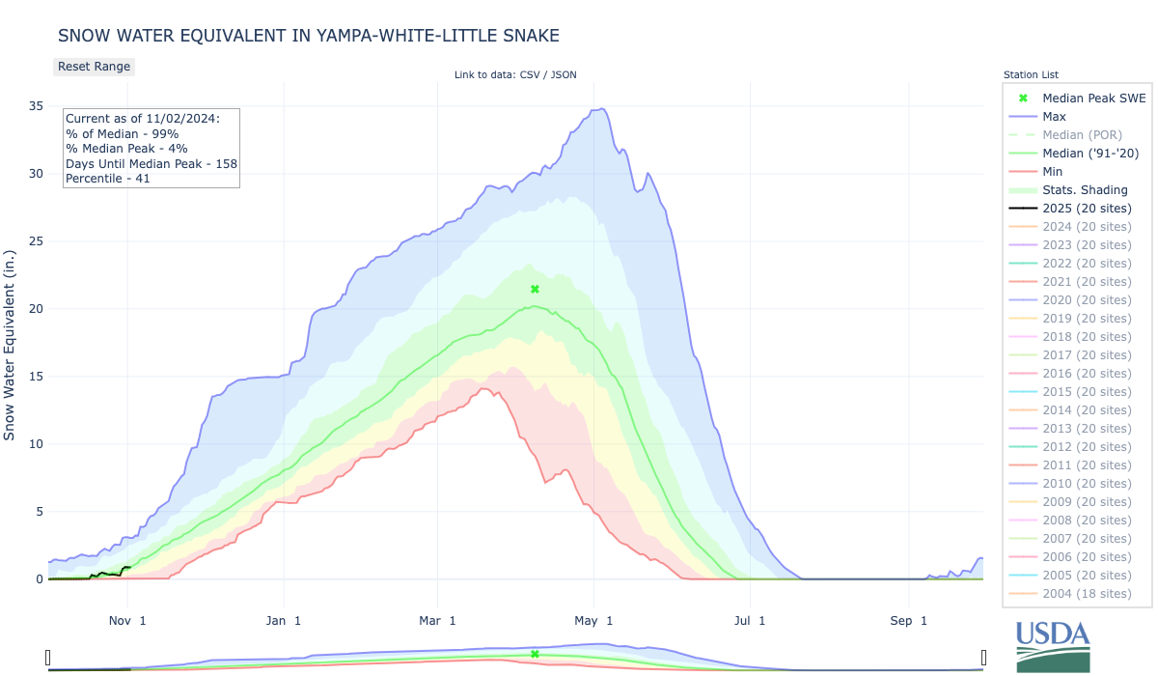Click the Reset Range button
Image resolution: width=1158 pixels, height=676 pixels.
[94, 67]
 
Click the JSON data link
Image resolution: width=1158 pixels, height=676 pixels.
[563, 74]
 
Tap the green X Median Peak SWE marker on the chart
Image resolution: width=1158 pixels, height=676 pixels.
[535, 289]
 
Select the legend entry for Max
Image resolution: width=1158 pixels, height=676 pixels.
[1055, 117]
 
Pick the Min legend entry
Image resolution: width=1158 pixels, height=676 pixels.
[1054, 172]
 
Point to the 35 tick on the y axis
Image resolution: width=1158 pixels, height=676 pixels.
[36, 106]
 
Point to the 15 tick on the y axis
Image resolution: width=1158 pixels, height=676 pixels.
[36, 377]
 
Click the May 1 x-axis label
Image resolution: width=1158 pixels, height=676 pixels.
[595, 621]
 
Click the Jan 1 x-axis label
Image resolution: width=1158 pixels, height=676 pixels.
[284, 621]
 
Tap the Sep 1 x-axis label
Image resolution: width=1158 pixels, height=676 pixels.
[908, 621]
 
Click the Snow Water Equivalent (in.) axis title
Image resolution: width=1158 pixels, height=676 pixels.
[10, 342]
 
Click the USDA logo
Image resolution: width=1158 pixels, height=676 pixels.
[1053, 645]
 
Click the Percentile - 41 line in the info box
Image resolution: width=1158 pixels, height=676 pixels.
[108, 179]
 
